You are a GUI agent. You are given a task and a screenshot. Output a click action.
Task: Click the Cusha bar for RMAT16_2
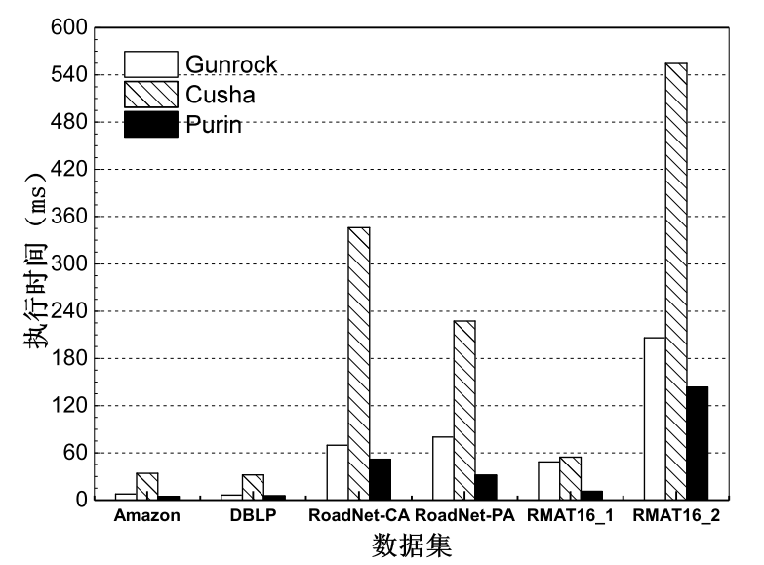click(676, 281)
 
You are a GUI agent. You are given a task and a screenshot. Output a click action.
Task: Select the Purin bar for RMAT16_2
click(698, 443)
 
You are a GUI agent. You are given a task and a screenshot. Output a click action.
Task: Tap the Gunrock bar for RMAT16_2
click(655, 419)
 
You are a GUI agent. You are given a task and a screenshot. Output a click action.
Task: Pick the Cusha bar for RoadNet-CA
click(359, 364)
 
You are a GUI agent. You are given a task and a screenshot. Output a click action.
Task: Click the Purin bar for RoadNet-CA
click(381, 479)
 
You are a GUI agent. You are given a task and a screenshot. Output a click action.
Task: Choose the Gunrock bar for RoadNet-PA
click(443, 468)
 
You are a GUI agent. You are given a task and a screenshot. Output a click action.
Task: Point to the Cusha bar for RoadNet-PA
click(464, 410)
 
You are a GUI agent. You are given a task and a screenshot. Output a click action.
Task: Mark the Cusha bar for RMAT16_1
click(570, 478)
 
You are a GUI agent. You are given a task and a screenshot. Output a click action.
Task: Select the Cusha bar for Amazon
click(147, 486)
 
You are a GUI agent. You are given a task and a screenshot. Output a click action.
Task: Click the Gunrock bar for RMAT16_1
click(548, 481)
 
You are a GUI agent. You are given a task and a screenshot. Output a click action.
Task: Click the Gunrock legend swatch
click(151, 64)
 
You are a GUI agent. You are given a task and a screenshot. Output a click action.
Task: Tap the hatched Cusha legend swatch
click(151, 95)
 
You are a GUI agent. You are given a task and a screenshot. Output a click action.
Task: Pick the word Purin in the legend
click(214, 125)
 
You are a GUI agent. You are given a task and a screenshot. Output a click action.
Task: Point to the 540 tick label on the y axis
click(68, 74)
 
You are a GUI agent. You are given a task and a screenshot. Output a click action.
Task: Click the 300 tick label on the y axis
click(68, 263)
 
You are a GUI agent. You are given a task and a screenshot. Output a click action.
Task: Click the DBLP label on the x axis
click(253, 515)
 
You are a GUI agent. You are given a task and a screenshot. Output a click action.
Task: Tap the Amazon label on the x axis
click(146, 515)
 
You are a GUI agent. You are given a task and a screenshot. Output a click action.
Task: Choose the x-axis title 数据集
click(412, 545)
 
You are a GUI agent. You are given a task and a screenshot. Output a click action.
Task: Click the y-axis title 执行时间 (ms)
click(35, 261)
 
